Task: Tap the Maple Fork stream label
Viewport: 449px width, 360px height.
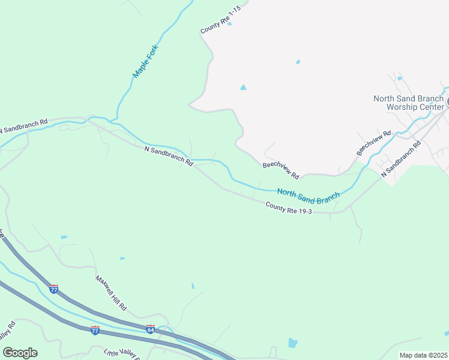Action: tap(145, 63)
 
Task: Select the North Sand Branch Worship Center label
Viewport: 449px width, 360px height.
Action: tap(408, 103)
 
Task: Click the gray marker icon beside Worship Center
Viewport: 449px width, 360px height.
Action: tap(447, 103)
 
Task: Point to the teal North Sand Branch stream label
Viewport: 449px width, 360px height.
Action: tap(308, 193)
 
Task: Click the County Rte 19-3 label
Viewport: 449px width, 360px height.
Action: tap(289, 209)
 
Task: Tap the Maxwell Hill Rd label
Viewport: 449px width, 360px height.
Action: tap(111, 293)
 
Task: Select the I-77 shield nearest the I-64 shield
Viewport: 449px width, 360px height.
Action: tap(95, 330)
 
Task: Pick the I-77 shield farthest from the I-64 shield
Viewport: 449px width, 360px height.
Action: tap(54, 289)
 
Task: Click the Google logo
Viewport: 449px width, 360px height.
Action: tap(20, 353)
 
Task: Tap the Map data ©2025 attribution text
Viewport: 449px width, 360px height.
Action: tap(423, 355)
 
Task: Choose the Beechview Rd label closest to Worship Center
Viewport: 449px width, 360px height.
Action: tap(373, 143)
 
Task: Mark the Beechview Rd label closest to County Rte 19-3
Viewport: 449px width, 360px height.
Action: tap(280, 170)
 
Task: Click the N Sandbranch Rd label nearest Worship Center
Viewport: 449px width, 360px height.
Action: tap(402, 157)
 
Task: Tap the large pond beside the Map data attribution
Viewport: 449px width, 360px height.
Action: tap(292, 343)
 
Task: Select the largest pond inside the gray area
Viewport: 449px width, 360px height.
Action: tap(243, 88)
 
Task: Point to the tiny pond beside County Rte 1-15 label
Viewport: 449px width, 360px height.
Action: tap(229, 23)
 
